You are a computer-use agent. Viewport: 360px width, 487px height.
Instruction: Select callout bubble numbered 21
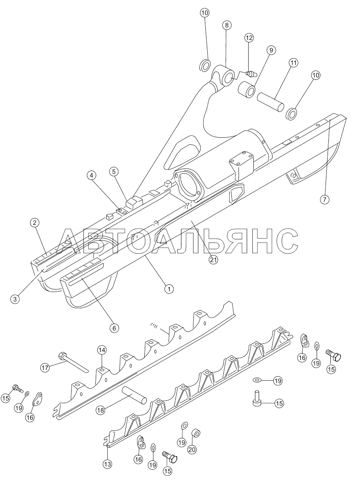point(213,260)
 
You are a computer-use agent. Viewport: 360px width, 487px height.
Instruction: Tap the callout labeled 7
point(324,200)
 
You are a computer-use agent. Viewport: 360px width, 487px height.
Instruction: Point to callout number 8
point(226,25)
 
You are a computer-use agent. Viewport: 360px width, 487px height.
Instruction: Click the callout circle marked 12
point(248,38)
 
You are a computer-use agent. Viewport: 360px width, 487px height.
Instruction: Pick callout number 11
point(293,63)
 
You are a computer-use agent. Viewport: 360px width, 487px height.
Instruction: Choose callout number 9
point(271,50)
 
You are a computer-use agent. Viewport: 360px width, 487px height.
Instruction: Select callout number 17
point(45,368)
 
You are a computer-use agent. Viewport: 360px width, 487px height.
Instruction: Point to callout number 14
point(102,350)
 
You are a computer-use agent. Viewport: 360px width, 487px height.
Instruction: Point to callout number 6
point(114,328)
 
